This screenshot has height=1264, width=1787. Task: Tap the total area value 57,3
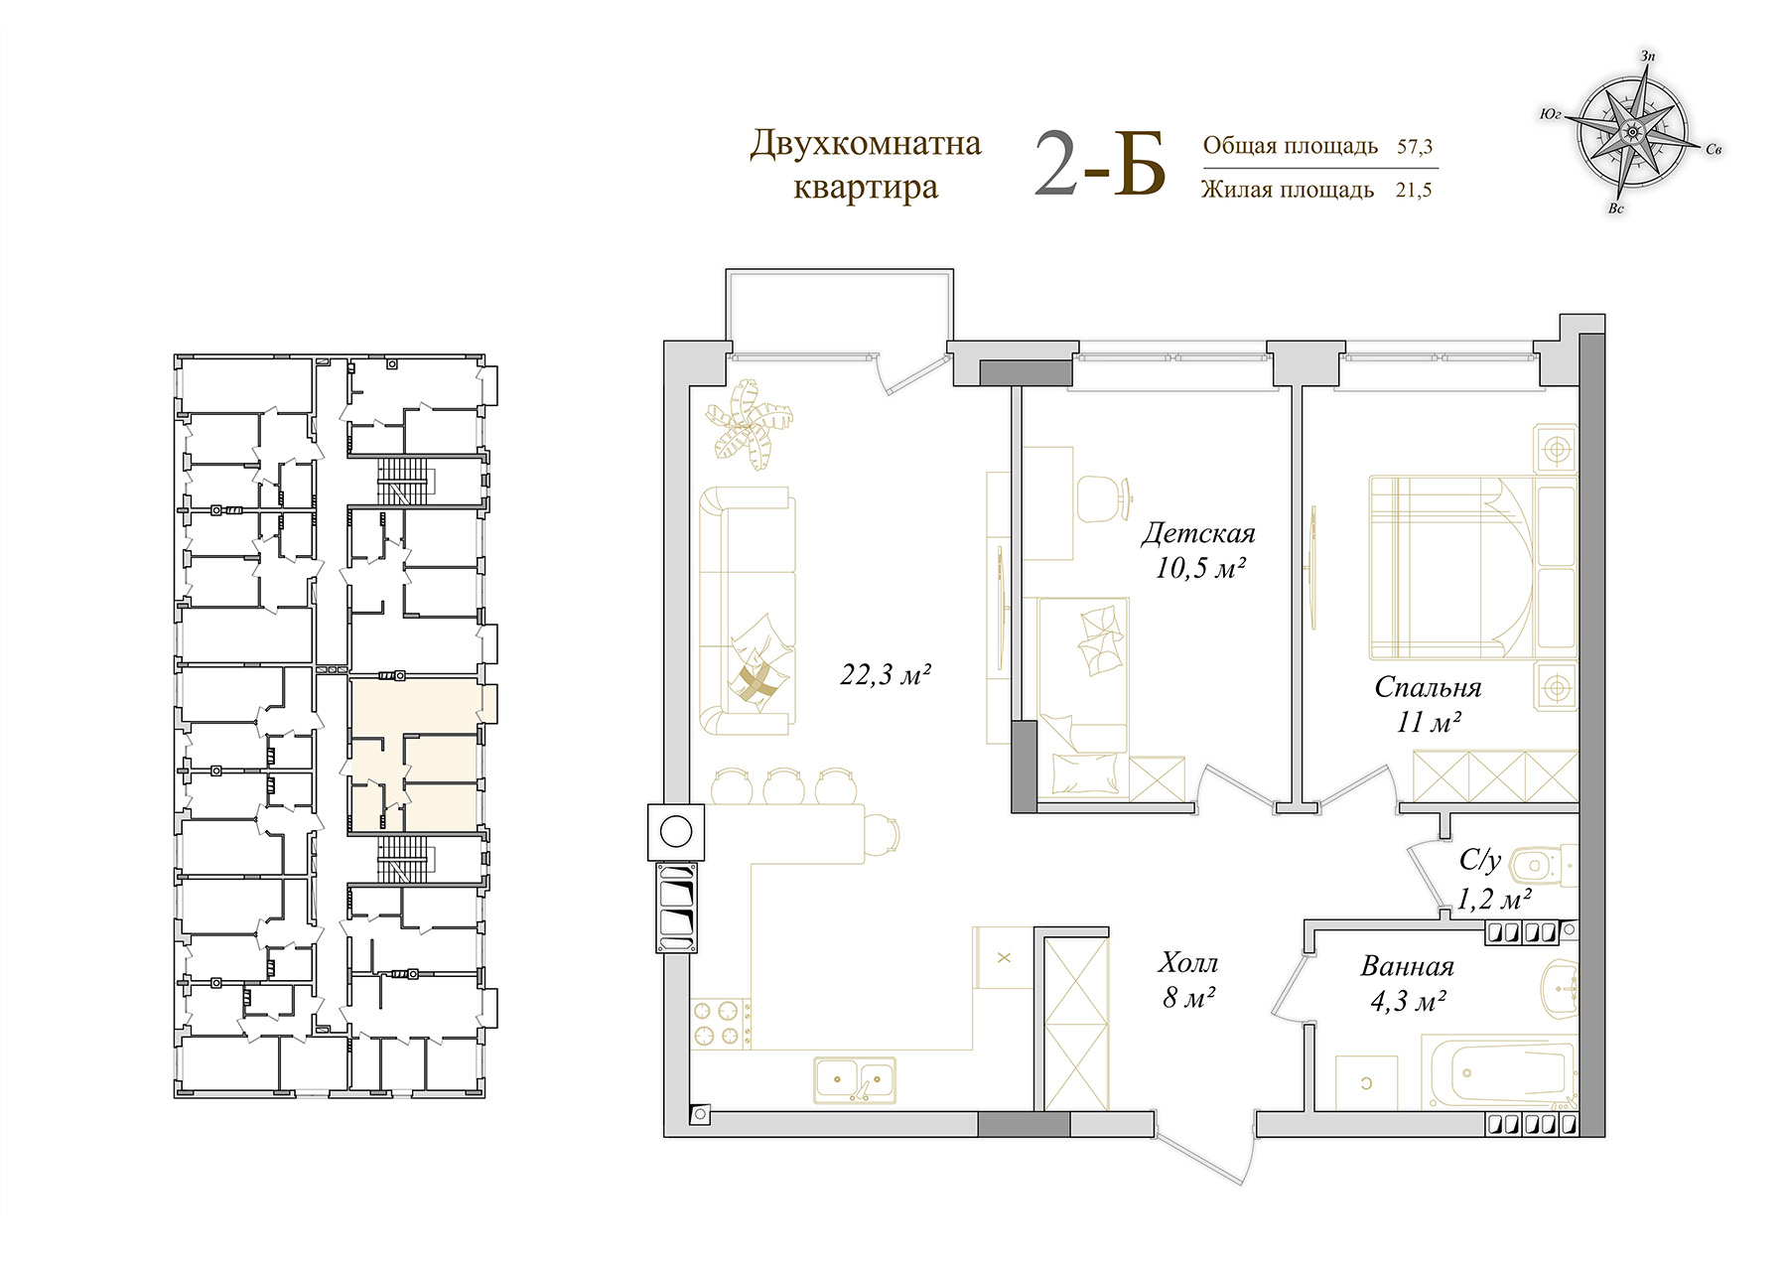tap(1415, 147)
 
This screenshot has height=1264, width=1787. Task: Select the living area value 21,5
tap(1414, 190)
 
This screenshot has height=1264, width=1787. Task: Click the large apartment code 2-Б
tap(1099, 165)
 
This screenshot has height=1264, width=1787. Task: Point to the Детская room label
tap(1198, 533)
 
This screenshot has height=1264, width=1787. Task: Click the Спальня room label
tap(1428, 687)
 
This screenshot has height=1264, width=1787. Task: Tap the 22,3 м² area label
tap(886, 675)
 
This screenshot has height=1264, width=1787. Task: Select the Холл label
tap(1187, 962)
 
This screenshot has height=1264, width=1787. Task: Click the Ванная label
tap(1408, 966)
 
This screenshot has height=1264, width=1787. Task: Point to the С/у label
tap(1479, 860)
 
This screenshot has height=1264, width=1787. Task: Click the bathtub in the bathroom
tap(1499, 1072)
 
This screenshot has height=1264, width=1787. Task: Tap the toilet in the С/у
tap(1542, 866)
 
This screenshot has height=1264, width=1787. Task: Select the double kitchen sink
tap(855, 1079)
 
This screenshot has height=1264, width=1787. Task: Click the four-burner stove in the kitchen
tap(721, 1024)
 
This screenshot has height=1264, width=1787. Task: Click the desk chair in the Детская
tap(1104, 498)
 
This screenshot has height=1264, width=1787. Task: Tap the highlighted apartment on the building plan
tap(415, 754)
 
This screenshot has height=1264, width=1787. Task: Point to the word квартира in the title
tap(865, 187)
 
